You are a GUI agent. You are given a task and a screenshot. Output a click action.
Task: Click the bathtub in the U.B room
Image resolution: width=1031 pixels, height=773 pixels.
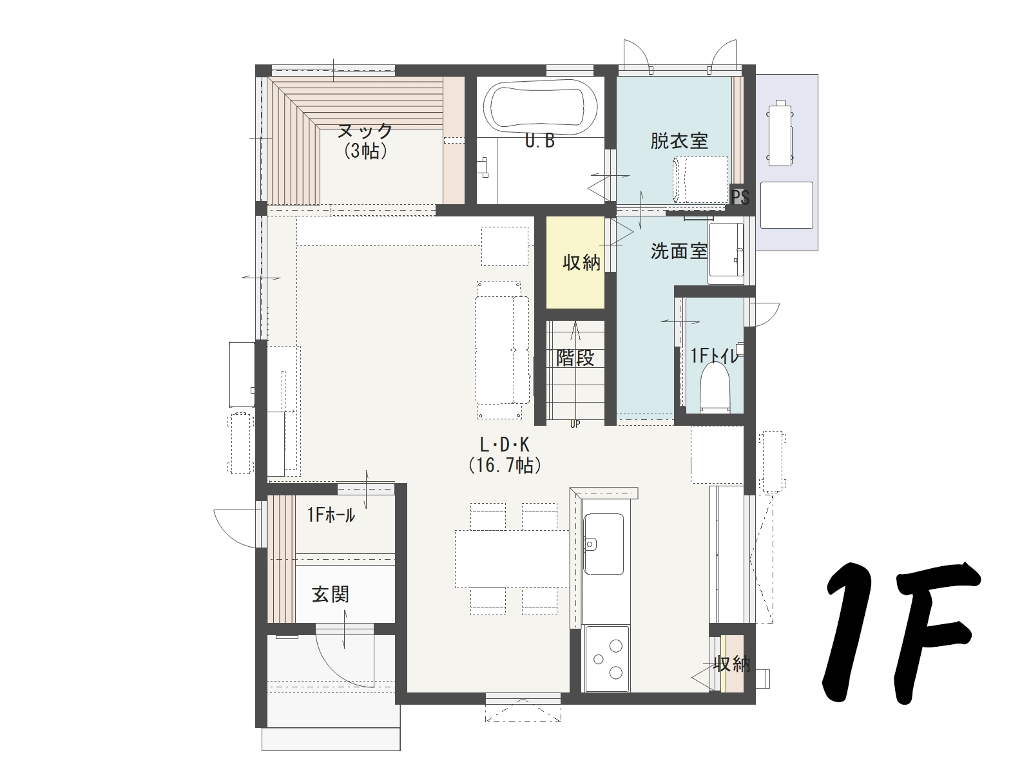539,108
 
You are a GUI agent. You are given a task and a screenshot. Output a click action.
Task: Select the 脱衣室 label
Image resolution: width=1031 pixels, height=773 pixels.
679,140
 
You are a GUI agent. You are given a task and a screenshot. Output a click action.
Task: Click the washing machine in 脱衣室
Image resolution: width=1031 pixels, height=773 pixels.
700,179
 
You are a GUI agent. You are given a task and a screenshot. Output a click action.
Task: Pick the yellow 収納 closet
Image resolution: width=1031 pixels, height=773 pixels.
575,263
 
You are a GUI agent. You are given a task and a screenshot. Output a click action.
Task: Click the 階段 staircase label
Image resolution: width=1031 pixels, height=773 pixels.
575,358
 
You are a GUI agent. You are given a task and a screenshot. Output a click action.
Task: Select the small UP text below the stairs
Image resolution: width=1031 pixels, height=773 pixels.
575,424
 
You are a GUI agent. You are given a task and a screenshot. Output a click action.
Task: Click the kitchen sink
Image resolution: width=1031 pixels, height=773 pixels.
602,544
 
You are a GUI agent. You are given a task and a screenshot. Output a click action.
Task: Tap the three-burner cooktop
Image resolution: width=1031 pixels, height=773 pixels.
606,658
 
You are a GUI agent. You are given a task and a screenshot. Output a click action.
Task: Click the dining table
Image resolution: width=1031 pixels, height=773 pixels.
511,558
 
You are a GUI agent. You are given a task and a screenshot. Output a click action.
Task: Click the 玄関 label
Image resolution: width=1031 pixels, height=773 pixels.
331,594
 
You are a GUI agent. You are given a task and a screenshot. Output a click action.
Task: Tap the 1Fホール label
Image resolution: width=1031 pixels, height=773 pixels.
331,515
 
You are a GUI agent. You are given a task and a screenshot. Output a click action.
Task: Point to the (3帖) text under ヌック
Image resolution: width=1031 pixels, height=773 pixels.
365,151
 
